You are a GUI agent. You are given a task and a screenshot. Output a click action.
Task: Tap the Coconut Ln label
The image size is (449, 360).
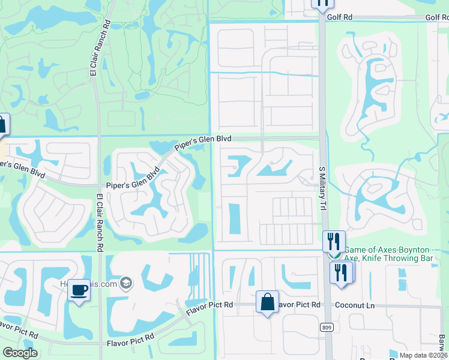click(x=354, y=305)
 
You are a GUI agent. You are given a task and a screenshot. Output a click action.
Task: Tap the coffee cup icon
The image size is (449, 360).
click(x=79, y=290)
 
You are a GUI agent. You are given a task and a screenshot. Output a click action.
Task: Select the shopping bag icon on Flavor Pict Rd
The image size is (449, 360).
click(x=267, y=302)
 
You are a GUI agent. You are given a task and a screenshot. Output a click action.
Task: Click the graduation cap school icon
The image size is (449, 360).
click(x=126, y=283)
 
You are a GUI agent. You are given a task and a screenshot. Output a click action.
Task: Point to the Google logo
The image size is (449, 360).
click(x=20, y=353)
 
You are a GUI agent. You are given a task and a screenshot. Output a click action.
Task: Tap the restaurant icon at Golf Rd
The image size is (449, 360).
click(x=322, y=3)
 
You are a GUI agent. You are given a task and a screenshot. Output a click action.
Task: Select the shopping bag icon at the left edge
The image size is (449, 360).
click(x=2, y=125)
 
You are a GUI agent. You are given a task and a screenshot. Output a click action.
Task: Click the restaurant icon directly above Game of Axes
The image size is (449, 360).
click(x=334, y=242)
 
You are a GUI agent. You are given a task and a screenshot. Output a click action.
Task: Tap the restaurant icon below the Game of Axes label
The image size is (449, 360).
click(x=341, y=272)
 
